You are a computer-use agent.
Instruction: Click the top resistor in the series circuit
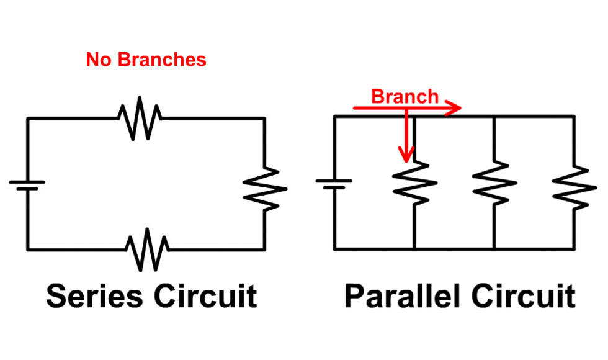(x=140, y=118)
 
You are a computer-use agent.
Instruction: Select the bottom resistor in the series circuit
(x=147, y=250)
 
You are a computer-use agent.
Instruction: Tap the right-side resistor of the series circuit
(x=264, y=189)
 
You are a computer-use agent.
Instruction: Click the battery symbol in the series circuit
(x=27, y=184)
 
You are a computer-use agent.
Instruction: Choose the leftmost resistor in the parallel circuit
(x=414, y=182)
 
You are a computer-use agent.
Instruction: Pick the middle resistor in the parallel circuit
(x=494, y=182)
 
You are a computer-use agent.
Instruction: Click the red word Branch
(x=405, y=97)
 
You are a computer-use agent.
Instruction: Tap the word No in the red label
(x=99, y=60)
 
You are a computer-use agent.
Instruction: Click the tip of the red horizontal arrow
(x=462, y=108)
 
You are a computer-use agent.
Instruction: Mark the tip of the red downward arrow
(x=406, y=160)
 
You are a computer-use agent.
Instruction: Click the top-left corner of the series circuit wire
(x=27, y=118)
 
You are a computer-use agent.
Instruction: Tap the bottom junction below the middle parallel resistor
(x=494, y=250)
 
